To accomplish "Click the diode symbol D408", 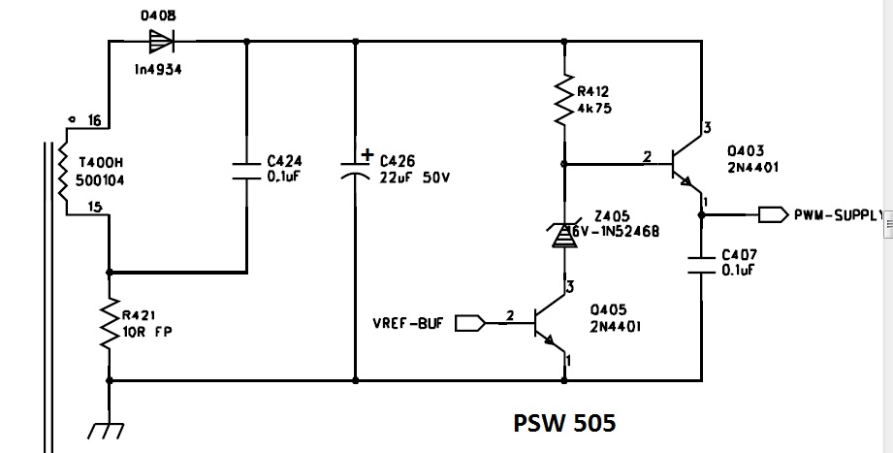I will tap(156, 41).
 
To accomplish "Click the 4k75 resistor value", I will tap(593, 109).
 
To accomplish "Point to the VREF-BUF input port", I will tap(468, 323).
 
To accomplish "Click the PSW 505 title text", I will tap(563, 424).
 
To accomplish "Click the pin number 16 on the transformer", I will tap(94, 120).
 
